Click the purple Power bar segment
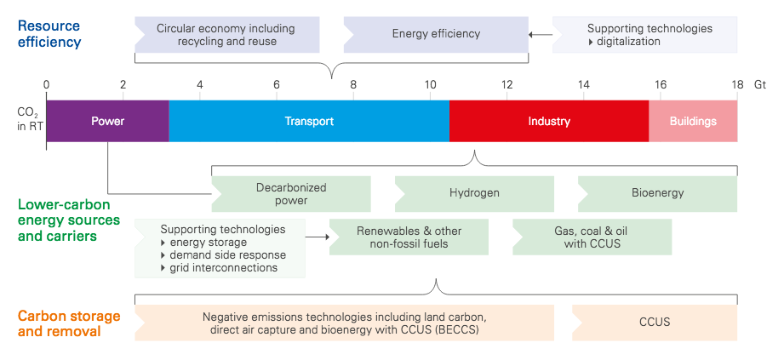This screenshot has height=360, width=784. point(107,121)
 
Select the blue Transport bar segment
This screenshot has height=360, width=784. point(309,121)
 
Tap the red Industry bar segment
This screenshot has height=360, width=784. point(549,121)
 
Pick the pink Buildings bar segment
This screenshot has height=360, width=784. point(693,121)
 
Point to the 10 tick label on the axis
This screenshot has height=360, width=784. point(430,84)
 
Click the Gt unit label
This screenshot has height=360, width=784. point(760,84)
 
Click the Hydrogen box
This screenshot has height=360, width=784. point(474,193)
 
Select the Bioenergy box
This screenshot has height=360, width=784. point(657,193)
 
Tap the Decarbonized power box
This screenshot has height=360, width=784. point(291,193)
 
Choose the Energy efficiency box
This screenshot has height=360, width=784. point(436,35)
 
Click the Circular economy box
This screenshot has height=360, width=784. point(227,35)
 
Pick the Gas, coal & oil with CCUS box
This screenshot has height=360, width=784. point(592,237)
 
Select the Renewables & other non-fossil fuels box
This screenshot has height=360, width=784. point(409,237)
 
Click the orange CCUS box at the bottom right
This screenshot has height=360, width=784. point(655,323)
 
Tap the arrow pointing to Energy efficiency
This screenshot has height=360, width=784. point(541,35)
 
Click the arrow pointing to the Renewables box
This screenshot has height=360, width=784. point(318,237)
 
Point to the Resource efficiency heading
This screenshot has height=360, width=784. point(49,34)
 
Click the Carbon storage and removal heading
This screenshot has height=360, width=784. point(69,323)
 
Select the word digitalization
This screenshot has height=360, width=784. point(628,42)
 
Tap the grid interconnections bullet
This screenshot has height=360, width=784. point(219,268)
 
